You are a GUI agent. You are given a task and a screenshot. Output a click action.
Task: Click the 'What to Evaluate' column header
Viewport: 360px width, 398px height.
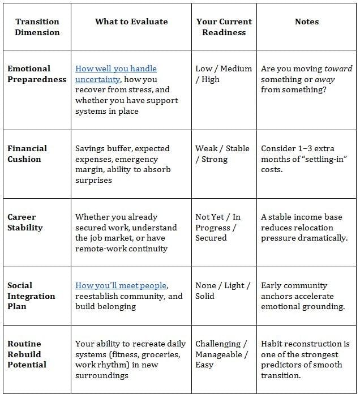(131, 22)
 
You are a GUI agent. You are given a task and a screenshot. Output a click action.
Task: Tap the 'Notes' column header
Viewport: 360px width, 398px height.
(307, 22)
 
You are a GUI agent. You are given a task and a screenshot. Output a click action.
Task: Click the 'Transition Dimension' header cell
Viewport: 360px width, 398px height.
(37, 27)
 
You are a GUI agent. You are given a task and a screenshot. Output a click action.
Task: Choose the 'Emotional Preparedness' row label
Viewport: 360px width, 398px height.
(37, 74)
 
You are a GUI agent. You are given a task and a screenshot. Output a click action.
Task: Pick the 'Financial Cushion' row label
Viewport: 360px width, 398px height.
(27, 153)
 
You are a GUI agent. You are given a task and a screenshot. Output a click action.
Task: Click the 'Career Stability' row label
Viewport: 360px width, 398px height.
(25, 222)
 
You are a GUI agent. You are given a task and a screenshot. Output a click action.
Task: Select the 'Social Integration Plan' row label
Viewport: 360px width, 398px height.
(32, 296)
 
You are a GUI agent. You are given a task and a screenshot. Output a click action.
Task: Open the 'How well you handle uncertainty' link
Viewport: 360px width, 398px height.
(115, 74)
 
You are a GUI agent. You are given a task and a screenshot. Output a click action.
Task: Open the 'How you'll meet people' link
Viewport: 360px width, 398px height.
(122, 285)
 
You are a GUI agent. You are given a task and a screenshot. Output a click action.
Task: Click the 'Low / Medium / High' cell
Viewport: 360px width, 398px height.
(223, 74)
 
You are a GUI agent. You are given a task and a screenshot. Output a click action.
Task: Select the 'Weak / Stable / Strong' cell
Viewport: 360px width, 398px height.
(222, 153)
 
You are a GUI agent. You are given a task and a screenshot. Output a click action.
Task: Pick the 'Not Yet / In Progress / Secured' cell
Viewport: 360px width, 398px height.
(218, 228)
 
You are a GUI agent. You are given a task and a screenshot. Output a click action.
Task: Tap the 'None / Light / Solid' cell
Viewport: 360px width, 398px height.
(222, 290)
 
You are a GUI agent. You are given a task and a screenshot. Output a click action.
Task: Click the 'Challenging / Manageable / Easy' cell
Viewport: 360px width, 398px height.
(221, 354)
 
